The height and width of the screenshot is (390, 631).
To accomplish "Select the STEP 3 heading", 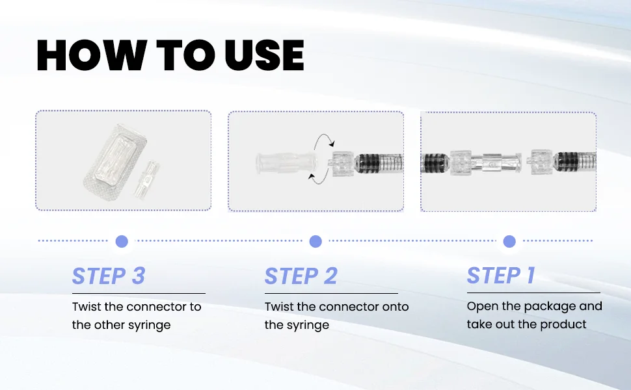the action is [108, 276].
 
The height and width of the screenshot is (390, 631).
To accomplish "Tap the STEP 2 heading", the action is [301, 276].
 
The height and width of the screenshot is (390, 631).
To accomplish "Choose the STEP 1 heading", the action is [501, 276].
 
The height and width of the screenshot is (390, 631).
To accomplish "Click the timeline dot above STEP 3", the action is [122, 241].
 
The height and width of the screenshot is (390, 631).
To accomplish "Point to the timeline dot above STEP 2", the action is [315, 241].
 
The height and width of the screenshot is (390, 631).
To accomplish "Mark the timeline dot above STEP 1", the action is [509, 241].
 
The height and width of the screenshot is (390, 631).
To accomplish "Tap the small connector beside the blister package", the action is [146, 179].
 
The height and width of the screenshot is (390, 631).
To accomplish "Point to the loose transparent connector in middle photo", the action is [286, 163].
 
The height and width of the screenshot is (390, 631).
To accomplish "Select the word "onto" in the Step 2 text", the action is [395, 307].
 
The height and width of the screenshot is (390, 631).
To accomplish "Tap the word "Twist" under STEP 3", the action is [87, 307].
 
